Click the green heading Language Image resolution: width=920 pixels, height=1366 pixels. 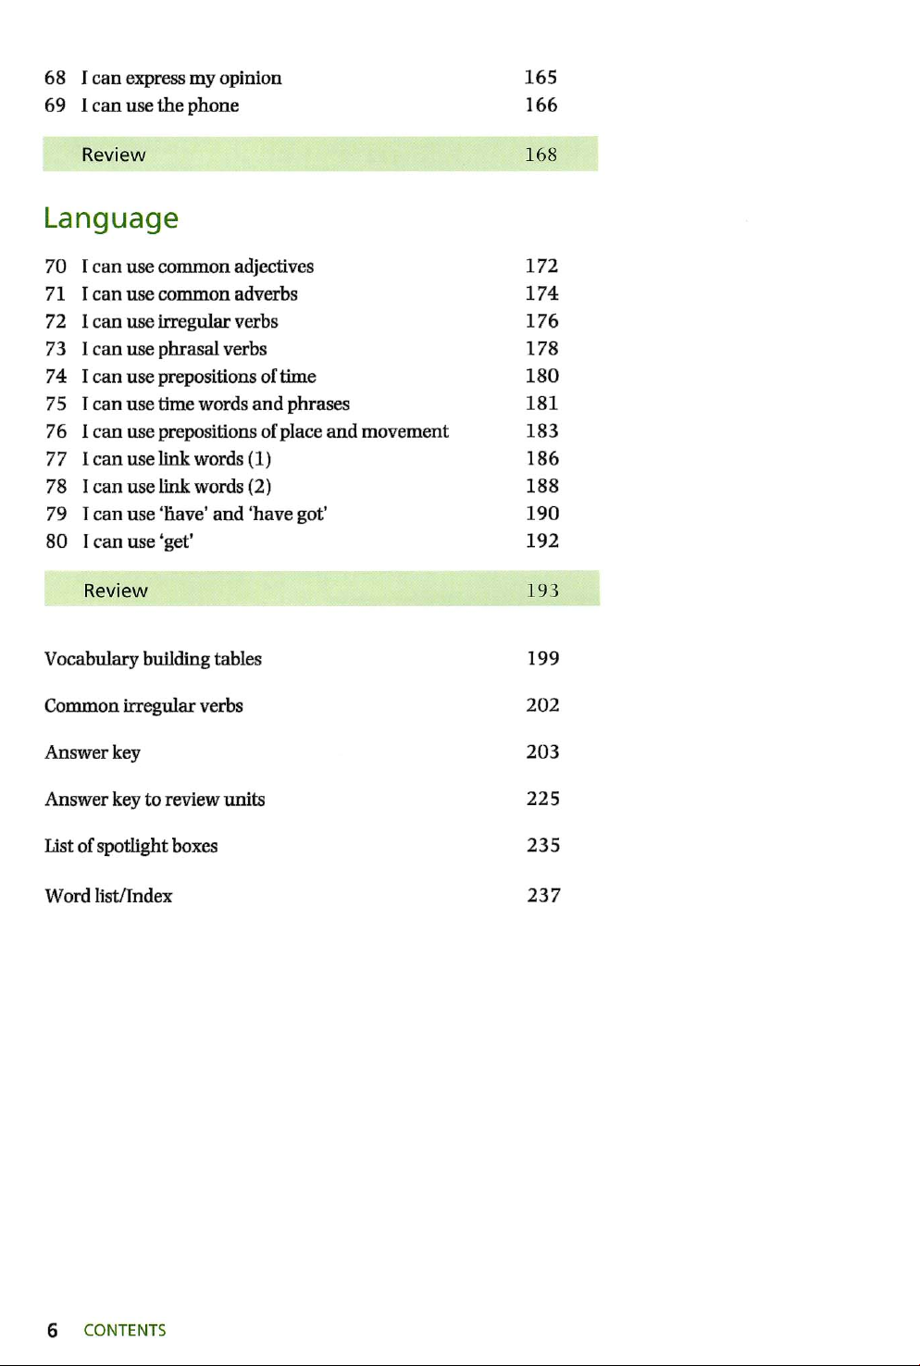point(111,218)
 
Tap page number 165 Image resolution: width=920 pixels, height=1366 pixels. point(541,78)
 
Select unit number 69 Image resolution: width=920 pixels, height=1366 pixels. point(56,106)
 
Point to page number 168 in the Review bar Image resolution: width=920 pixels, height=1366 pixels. point(541,155)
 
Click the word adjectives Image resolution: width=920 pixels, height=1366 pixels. point(273,267)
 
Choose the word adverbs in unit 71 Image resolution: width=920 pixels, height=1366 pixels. point(266,294)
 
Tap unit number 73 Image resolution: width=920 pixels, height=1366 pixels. point(56,349)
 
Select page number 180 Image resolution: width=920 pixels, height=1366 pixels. point(541,376)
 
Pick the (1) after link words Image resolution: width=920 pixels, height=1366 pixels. point(259,459)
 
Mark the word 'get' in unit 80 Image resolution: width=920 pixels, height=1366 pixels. point(176,541)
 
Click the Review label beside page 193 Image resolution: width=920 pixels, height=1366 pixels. point(116,590)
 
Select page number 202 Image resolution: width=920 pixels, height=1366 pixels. point(542,705)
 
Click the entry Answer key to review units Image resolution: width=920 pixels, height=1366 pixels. point(155,800)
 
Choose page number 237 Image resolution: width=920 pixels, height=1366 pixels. point(543,895)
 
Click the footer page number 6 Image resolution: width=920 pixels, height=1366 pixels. point(53,1330)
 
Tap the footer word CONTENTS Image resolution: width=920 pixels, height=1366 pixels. point(125,1330)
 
